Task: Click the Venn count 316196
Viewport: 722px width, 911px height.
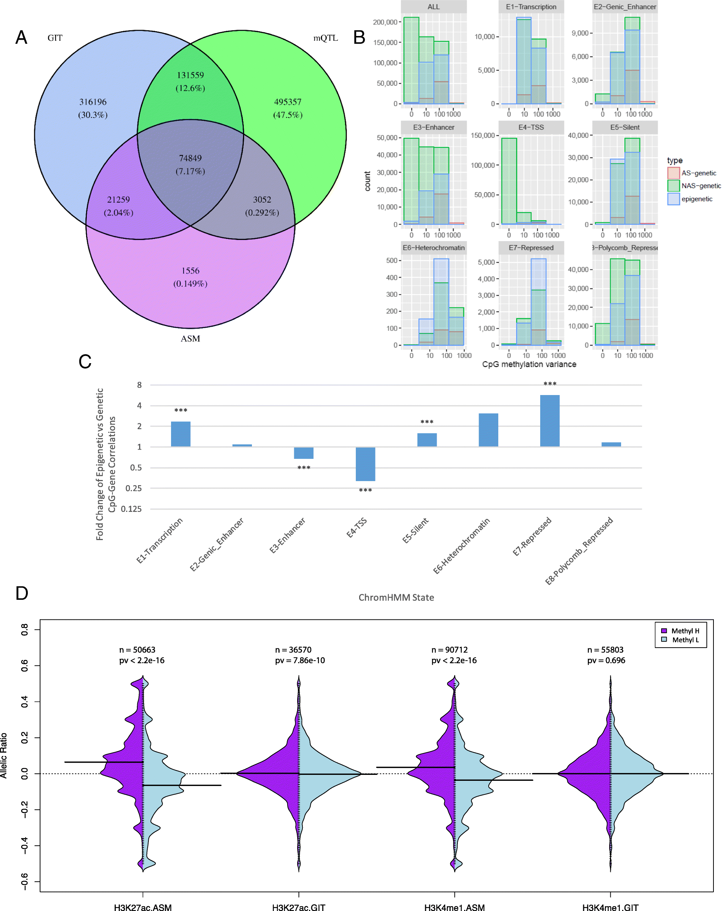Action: tap(93, 102)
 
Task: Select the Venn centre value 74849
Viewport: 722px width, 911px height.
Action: tap(190, 158)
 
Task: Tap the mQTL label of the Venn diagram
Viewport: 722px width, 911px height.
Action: tap(325, 38)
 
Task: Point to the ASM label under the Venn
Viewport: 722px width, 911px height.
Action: tap(190, 338)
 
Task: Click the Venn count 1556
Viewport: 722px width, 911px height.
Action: tap(190, 270)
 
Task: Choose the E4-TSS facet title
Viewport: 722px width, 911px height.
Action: tap(531, 127)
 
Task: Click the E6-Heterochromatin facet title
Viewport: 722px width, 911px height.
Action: tap(433, 248)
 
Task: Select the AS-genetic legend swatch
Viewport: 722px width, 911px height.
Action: tap(673, 173)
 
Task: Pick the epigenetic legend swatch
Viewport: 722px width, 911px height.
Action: tap(673, 198)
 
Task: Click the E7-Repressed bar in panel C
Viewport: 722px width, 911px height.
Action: tap(549, 420)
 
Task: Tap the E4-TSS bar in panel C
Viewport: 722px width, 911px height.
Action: tap(365, 464)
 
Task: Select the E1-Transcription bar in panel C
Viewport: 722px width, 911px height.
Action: tap(180, 434)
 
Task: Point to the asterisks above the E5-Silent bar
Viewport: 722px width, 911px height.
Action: tap(427, 422)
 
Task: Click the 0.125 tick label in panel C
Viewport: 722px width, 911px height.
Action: tap(131, 509)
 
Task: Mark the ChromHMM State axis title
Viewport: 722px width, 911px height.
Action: tap(396, 598)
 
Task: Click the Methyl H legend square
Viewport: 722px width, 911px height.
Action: tap(664, 631)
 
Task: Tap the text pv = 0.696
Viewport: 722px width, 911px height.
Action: tap(606, 660)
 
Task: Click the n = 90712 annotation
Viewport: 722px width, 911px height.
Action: tap(449, 650)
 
